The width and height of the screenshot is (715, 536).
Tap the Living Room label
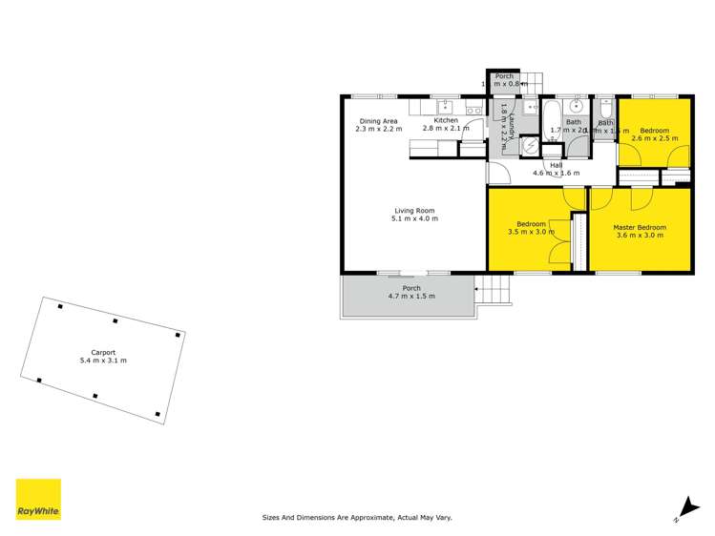coord(414,210)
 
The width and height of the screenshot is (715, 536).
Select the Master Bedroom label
coord(639,227)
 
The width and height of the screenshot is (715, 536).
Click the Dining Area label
coord(378,120)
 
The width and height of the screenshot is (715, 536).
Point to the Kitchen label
coord(446,120)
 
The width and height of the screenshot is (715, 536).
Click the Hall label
coord(555,164)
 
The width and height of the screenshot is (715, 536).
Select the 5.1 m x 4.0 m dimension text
coord(414,219)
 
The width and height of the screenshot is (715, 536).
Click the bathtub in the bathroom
coord(553,119)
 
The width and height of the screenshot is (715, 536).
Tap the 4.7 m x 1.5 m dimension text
coord(411,297)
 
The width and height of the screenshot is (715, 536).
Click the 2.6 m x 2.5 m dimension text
coord(654,138)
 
